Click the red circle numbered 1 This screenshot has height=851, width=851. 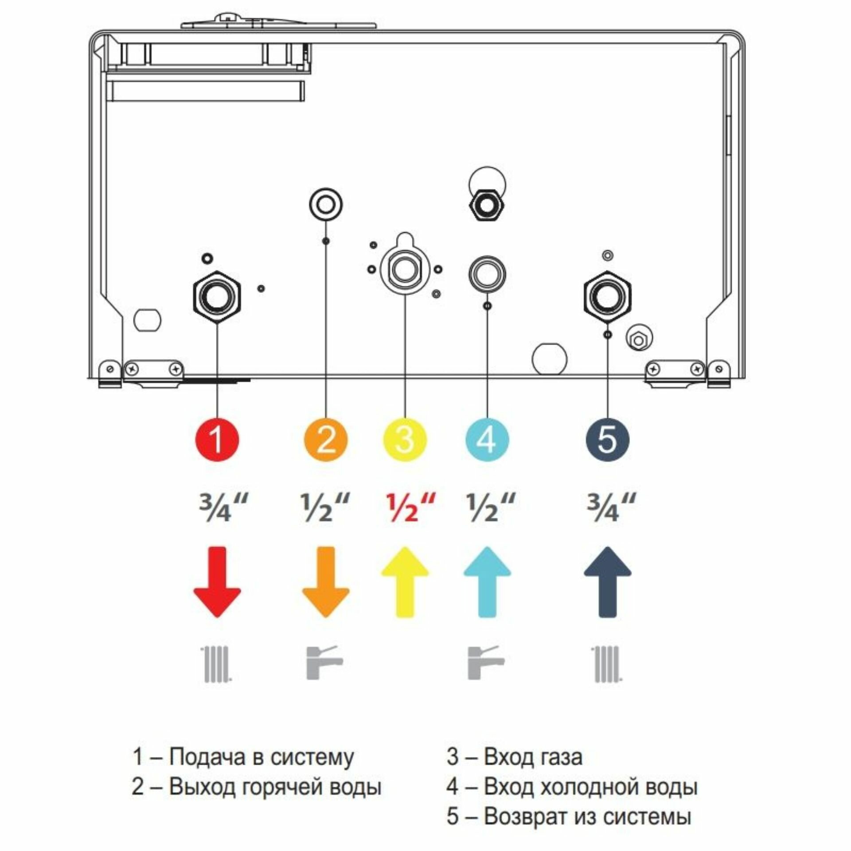pyautogui.click(x=217, y=440)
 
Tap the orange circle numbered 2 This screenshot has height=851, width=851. pyautogui.click(x=326, y=440)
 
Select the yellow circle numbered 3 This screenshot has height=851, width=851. pyautogui.click(x=405, y=440)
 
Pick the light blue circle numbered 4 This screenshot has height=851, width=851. pyautogui.click(x=487, y=440)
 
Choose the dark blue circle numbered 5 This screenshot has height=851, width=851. pyautogui.click(x=607, y=440)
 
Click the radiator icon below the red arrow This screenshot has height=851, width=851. pyautogui.click(x=217, y=664)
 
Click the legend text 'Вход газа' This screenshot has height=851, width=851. pyautogui.click(x=532, y=757)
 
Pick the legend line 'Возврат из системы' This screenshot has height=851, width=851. pyautogui.click(x=587, y=816)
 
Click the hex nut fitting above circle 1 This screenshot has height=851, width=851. pyautogui.click(x=217, y=297)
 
